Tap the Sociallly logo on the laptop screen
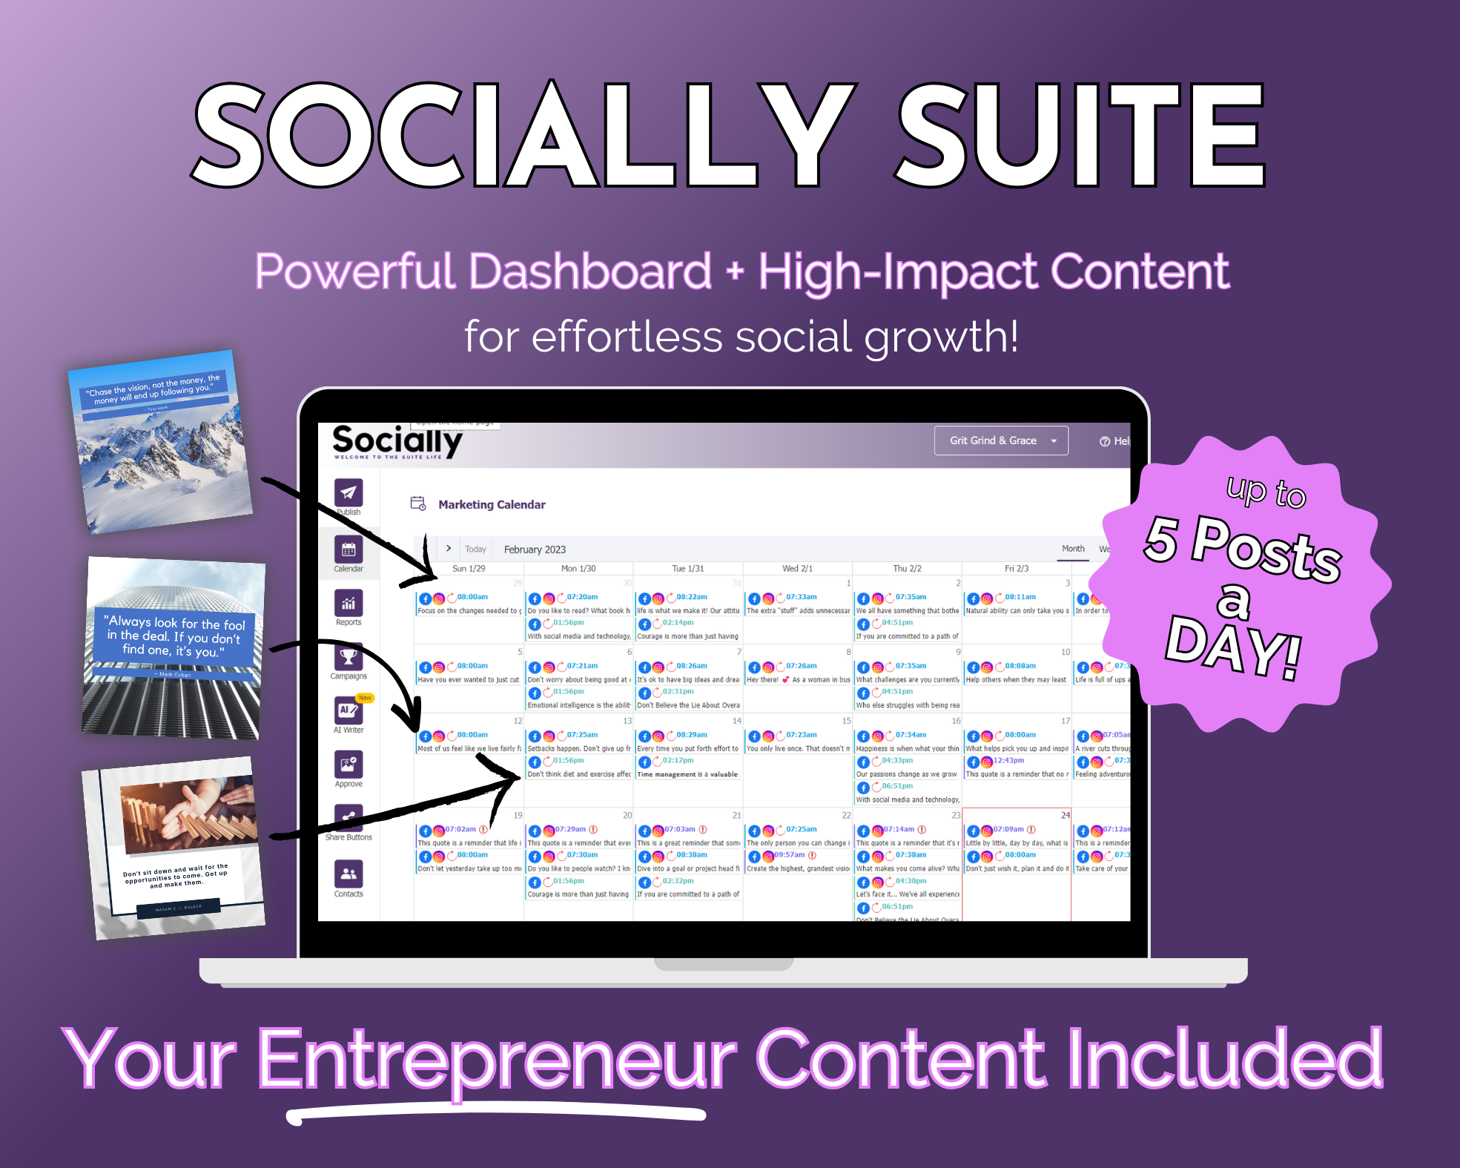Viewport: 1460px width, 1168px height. pyautogui.click(x=397, y=442)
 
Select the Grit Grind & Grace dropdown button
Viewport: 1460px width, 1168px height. pyautogui.click(x=1000, y=441)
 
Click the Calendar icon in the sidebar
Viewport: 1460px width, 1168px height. pyautogui.click(x=349, y=550)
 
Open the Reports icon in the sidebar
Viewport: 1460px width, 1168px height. pyautogui.click(x=349, y=604)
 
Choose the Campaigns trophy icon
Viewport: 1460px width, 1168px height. pyautogui.click(x=349, y=657)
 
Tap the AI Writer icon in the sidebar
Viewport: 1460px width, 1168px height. pyautogui.click(x=348, y=710)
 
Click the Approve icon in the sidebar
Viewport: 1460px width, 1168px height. pyautogui.click(x=349, y=765)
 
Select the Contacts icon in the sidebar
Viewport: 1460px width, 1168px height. pyautogui.click(x=349, y=874)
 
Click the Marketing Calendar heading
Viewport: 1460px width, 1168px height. pyautogui.click(x=492, y=505)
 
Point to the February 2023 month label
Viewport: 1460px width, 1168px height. pyautogui.click(x=535, y=550)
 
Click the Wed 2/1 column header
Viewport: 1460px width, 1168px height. pyautogui.click(x=797, y=569)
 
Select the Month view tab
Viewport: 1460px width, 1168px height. pyautogui.click(x=1073, y=549)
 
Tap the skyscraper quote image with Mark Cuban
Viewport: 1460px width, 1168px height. pyautogui.click(x=174, y=648)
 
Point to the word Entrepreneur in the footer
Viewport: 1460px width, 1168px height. pyautogui.click(x=497, y=1058)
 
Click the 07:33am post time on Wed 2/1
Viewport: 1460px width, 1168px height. pyautogui.click(x=802, y=597)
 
